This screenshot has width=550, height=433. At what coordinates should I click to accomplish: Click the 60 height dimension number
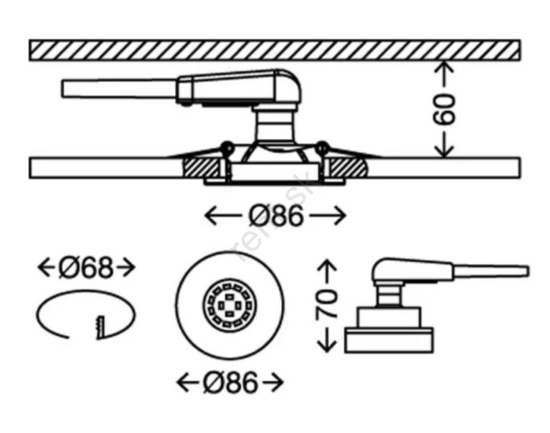(444, 108)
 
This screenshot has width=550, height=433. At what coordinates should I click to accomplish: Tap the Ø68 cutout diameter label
(85, 267)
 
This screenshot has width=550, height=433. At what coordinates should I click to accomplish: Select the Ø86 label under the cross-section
(276, 217)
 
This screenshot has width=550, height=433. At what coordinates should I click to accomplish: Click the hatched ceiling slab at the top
(275, 50)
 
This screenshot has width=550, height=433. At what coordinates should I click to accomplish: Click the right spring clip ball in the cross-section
(321, 147)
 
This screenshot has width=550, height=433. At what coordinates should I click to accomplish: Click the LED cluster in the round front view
(225, 304)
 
